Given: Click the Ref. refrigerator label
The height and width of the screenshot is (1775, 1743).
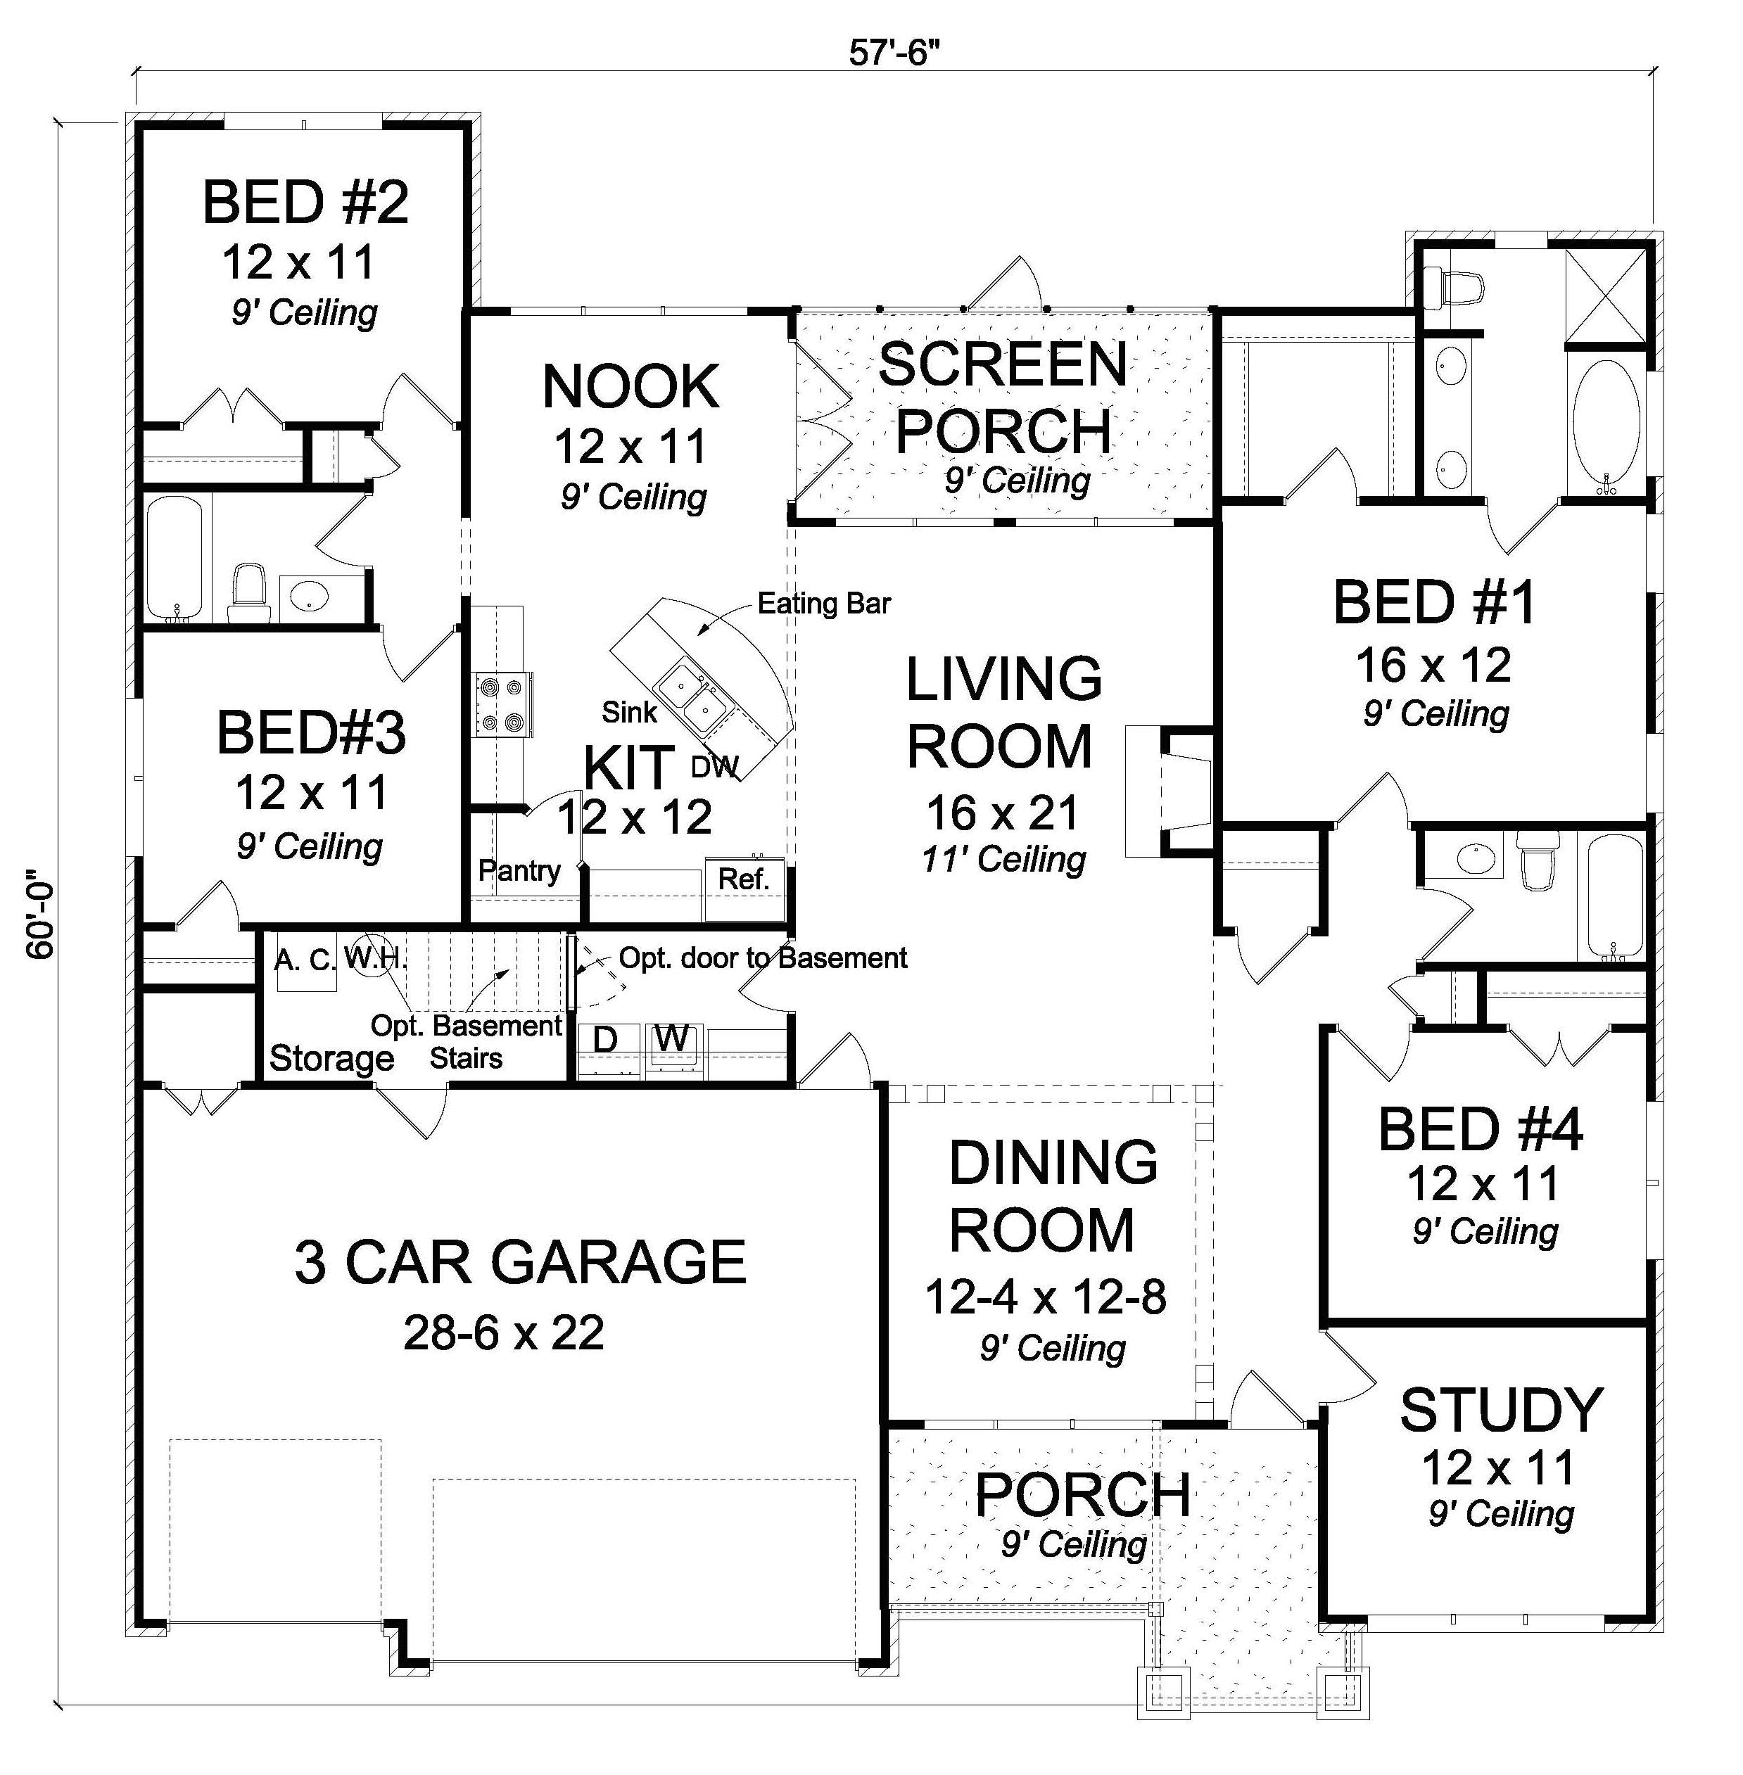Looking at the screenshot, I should pyautogui.click(x=742, y=879).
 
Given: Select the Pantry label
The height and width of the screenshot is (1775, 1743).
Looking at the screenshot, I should pyautogui.click(x=519, y=870).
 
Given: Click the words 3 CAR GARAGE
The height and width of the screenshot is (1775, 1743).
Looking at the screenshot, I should pyautogui.click(x=520, y=1261).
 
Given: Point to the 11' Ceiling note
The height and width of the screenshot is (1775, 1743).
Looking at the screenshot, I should pyautogui.click(x=1003, y=860).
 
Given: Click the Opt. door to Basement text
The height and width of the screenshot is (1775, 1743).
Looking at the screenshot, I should pyautogui.click(x=763, y=958).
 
